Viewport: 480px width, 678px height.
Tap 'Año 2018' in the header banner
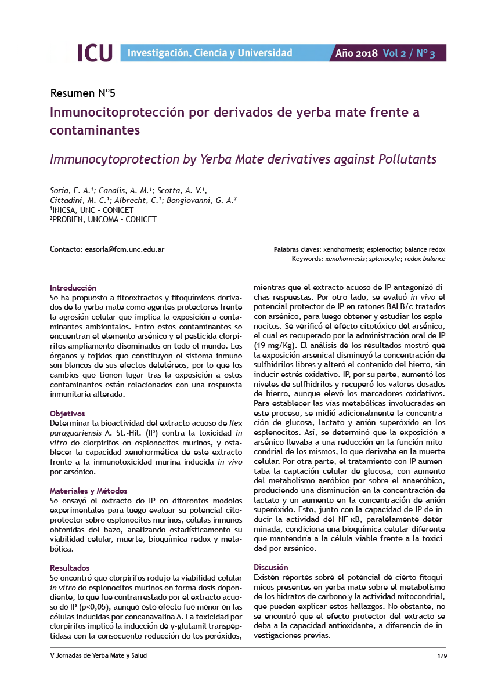[x=356, y=53]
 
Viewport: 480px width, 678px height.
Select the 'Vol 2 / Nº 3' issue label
[x=409, y=53]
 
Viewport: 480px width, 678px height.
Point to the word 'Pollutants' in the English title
[x=404, y=159]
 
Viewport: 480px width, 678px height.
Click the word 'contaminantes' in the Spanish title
[x=95, y=130]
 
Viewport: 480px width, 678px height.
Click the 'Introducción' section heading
[x=73, y=288]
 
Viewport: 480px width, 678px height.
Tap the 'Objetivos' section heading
[x=67, y=414]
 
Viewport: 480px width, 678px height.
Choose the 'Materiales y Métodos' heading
[x=89, y=491]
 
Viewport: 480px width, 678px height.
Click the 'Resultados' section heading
[x=70, y=568]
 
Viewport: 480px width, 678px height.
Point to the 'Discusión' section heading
[x=271, y=567]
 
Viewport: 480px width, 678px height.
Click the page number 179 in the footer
[x=441, y=655]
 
